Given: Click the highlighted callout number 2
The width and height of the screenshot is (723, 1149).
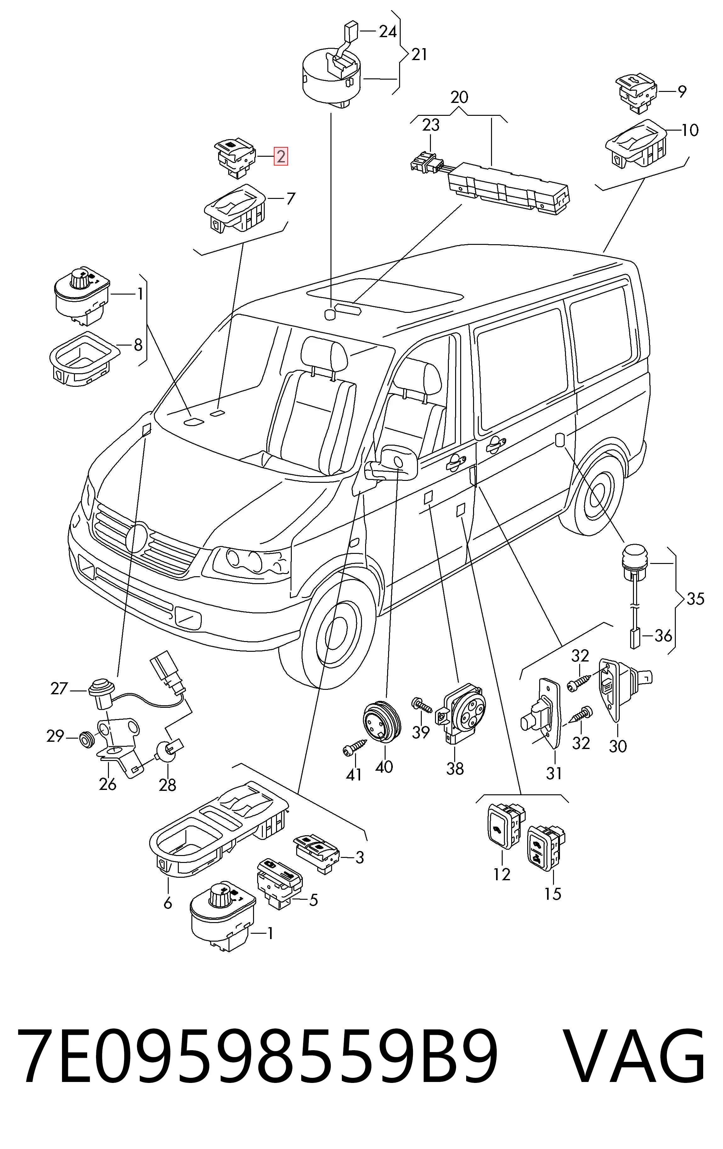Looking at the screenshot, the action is [x=280, y=156].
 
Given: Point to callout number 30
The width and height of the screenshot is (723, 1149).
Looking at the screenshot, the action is [x=618, y=746].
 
